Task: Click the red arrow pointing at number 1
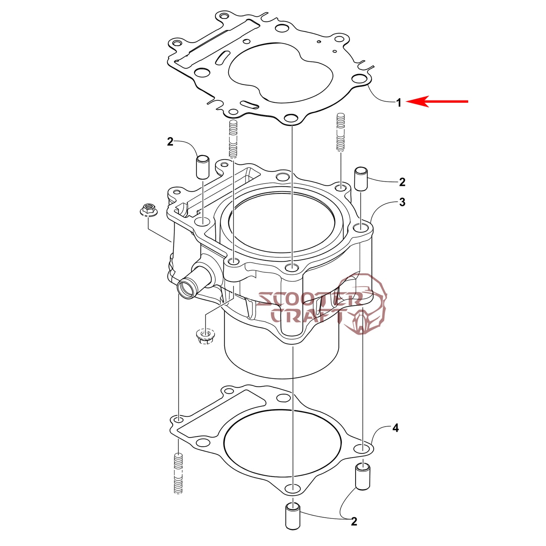pyautogui.click(x=437, y=101)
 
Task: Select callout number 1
pyautogui.click(x=399, y=102)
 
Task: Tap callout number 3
pyautogui.click(x=402, y=202)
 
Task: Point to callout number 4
pyautogui.click(x=396, y=428)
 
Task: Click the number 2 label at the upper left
pyautogui.click(x=170, y=142)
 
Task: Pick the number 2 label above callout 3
pyautogui.click(x=402, y=182)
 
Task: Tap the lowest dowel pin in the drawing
pyautogui.click(x=292, y=524)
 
